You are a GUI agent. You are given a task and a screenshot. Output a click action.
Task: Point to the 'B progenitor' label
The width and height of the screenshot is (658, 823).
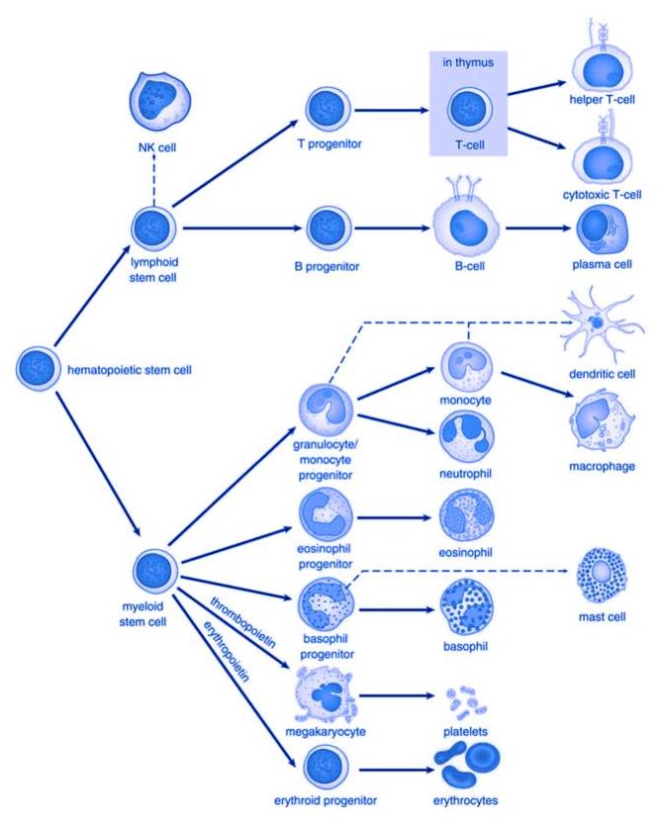pos(326,265)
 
